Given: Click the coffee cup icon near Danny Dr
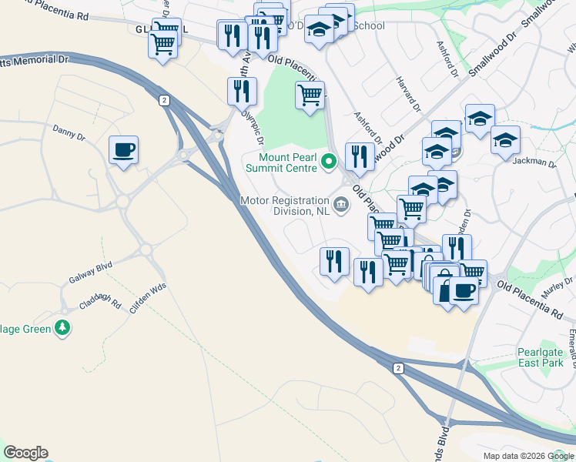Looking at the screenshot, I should tap(123, 149).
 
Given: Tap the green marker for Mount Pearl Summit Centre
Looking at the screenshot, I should tap(330, 162).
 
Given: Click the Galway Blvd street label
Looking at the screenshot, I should tap(91, 273).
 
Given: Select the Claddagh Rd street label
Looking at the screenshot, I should tap(103, 303).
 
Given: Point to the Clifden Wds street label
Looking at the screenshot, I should tap(148, 301).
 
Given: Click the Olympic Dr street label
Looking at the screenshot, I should tap(253, 126).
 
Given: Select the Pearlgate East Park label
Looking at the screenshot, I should tap(540, 358).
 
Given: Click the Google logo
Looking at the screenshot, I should tap(25, 453).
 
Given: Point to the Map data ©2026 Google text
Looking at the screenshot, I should tap(527, 456).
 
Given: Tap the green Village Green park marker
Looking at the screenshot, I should tap(62, 329).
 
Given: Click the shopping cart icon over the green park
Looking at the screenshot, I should tap(310, 96).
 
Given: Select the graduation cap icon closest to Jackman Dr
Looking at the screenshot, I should tap(505, 141).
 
